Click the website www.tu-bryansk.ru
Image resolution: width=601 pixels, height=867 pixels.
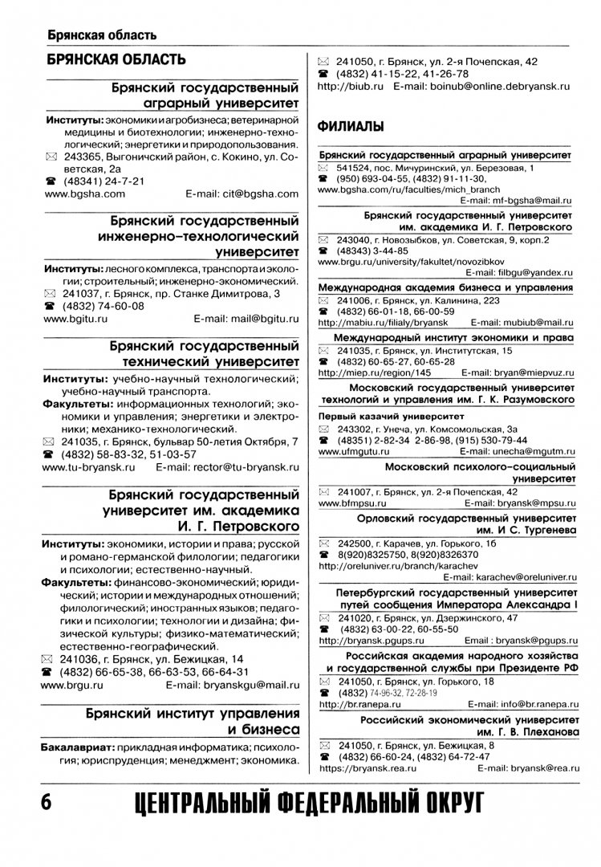coord(87,466)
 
